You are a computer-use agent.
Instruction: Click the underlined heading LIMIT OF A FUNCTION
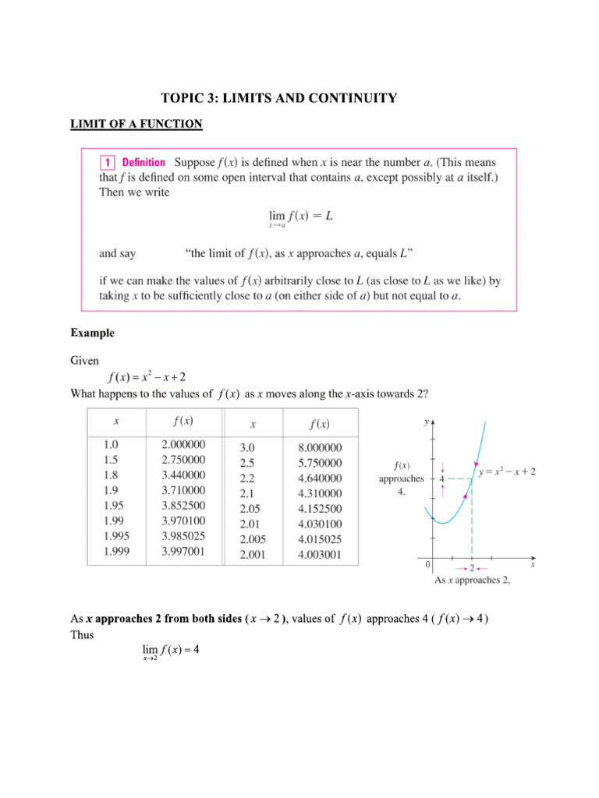136,123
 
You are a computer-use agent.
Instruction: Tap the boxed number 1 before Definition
107,163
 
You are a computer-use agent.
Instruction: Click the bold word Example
93,333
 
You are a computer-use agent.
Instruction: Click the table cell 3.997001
183,552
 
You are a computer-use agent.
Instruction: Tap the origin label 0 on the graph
427,563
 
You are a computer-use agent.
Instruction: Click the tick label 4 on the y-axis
441,479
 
